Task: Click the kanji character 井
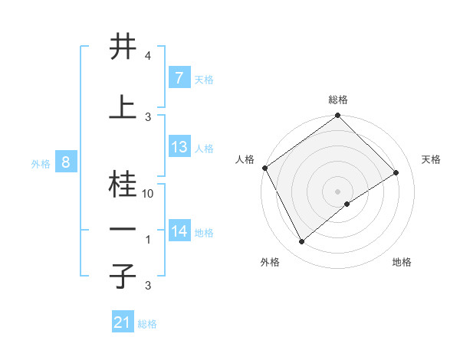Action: [123, 47]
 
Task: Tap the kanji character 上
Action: [123, 107]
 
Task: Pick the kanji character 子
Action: [123, 275]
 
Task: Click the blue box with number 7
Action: [179, 78]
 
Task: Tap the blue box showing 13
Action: [179, 147]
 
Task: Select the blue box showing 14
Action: [179, 231]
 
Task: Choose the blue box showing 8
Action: [66, 162]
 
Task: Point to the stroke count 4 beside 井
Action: [147, 57]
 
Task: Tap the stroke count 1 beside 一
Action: [148, 240]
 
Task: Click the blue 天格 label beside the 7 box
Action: [204, 79]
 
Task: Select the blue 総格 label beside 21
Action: [147, 324]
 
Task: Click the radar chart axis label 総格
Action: [338, 100]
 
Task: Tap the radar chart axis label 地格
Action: [402, 262]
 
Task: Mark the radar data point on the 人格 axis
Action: [264, 168]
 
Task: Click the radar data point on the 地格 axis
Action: [347, 204]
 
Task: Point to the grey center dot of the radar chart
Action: [337, 191]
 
